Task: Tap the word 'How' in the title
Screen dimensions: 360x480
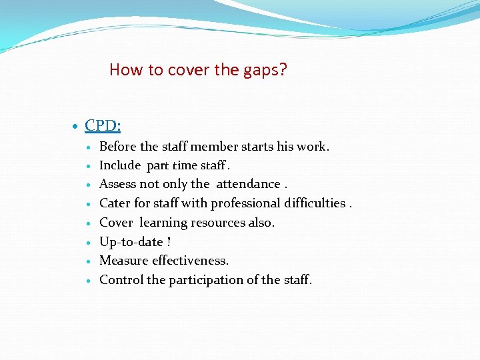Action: click(122, 69)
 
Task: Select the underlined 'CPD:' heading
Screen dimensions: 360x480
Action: click(103, 125)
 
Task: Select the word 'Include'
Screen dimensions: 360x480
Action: click(120, 165)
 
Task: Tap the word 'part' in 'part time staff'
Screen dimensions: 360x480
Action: click(158, 165)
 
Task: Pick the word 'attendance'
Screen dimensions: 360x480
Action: click(248, 184)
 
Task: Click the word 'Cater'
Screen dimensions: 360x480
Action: click(115, 203)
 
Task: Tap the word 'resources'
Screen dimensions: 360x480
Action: click(218, 223)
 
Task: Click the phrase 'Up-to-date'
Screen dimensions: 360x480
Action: click(131, 241)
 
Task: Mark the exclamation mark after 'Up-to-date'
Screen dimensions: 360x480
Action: click(169, 241)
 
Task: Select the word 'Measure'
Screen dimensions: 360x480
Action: click(124, 261)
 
